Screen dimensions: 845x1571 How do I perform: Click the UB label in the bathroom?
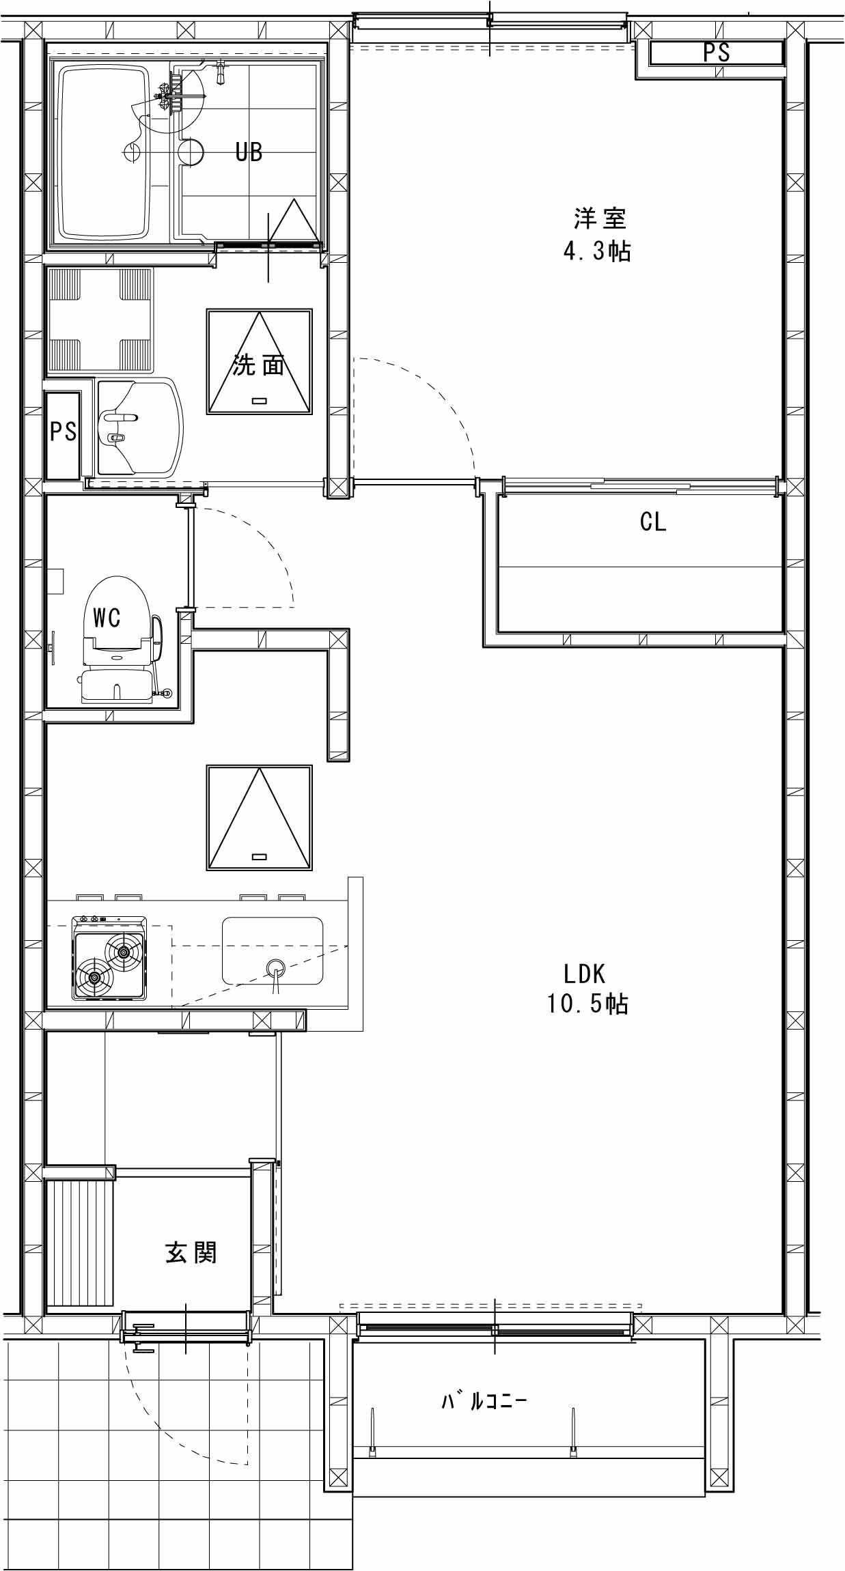pos(249,152)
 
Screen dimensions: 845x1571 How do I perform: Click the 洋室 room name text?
pos(599,218)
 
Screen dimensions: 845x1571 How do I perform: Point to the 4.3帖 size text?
pos(596,251)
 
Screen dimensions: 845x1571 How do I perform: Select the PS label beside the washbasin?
pos(63,431)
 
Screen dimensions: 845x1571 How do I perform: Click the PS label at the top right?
pos(717,53)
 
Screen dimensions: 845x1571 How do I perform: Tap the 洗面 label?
pos(258,365)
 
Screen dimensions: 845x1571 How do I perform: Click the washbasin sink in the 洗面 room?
pos(140,428)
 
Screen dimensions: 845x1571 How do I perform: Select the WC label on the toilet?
pos(107,618)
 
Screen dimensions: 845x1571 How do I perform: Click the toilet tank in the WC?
pos(117,685)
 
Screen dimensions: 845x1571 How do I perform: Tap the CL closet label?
pos(653,522)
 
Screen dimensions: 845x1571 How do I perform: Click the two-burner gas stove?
pos(109,959)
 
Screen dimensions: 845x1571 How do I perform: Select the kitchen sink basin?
pos(273,951)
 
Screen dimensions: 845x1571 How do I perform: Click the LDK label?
pos(585,972)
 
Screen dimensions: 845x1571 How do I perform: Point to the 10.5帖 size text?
pos(587,1004)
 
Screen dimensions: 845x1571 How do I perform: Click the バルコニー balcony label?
pos(484,1402)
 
